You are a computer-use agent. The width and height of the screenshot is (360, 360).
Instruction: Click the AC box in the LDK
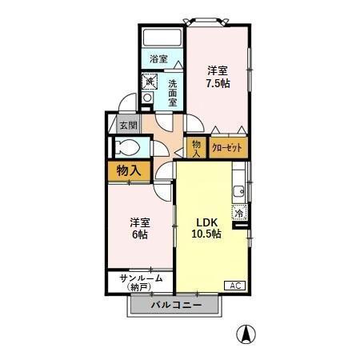[235, 286]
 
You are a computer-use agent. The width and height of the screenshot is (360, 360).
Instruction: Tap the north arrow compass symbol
[246, 334]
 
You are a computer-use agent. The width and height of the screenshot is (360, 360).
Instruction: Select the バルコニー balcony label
[176, 305]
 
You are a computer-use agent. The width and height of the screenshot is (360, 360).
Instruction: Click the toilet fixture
[127, 147]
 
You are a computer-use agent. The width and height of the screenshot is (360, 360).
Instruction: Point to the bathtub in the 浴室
[162, 38]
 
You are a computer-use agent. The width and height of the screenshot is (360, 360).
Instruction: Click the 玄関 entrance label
[128, 125]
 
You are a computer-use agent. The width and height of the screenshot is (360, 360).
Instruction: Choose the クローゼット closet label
[227, 148]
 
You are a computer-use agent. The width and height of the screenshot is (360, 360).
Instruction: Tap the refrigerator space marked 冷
[239, 213]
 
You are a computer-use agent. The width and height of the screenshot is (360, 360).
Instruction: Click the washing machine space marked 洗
[149, 82]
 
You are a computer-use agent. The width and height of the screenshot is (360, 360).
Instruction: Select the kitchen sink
[238, 191]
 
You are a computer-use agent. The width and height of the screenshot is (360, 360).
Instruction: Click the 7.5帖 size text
[218, 84]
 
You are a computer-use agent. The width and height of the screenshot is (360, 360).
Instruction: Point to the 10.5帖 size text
[206, 234]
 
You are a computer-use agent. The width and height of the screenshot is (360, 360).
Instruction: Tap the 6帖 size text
[140, 234]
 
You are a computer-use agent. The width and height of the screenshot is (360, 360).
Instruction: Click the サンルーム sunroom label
[141, 278]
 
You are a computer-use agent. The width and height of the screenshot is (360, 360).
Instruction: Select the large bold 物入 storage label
[129, 170]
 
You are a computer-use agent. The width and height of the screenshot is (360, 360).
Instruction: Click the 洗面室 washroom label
[173, 93]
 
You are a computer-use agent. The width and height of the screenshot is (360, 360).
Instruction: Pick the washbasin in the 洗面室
[147, 98]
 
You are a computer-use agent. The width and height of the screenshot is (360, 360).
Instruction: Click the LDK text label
[206, 222]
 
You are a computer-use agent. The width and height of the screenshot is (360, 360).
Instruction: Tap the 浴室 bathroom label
[158, 59]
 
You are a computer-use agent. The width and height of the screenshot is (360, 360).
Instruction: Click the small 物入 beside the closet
[196, 148]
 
